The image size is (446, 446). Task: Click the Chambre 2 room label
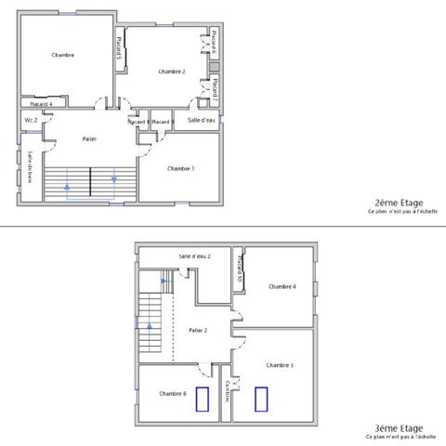[172, 72]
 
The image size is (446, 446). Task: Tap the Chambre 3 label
[180, 168]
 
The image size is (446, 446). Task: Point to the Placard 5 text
[118, 47]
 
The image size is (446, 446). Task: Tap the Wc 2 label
[30, 120]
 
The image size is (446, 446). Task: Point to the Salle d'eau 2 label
[195, 256]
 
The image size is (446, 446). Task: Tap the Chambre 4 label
[282, 286]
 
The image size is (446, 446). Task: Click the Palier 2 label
[197, 330]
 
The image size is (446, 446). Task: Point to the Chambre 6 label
[172, 394]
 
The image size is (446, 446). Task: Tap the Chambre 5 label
[280, 365]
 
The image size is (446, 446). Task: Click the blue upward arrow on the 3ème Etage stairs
[147, 325]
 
